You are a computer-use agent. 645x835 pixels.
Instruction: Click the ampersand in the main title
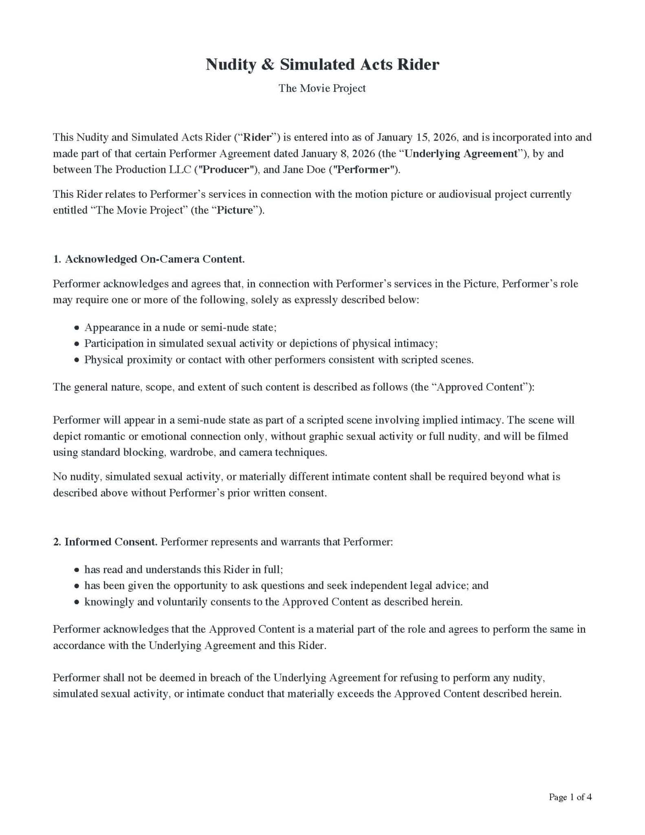pyautogui.click(x=267, y=64)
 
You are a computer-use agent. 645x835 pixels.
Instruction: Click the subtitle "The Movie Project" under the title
pyautogui.click(x=322, y=88)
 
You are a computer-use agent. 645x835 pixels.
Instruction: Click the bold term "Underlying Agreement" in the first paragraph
pyautogui.click(x=461, y=153)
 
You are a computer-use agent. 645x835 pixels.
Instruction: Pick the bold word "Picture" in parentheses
pyautogui.click(x=235, y=210)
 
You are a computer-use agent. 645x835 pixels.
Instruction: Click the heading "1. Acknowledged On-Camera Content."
pyautogui.click(x=149, y=259)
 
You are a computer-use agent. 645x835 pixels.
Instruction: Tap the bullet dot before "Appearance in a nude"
pyautogui.click(x=77, y=328)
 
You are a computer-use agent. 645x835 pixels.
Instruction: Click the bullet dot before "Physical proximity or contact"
pyautogui.click(x=77, y=360)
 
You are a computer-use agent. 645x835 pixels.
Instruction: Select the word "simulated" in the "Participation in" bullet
pyautogui.click(x=181, y=343)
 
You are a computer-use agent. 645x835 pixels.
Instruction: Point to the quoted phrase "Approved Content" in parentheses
pyautogui.click(x=482, y=387)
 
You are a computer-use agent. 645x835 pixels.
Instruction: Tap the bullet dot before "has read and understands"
pyautogui.click(x=77, y=570)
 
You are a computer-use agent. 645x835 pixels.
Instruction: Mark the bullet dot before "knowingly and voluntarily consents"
pyautogui.click(x=77, y=602)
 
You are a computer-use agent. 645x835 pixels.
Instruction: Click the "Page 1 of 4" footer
pyautogui.click(x=570, y=797)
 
